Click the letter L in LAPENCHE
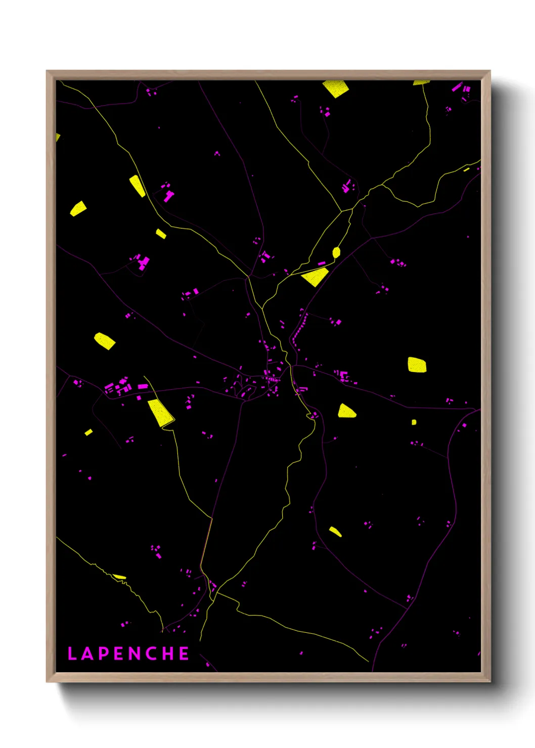tap(71, 653)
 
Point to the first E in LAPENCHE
tap(118, 653)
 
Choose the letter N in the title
tap(135, 653)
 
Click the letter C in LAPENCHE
tap(151, 653)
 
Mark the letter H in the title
tap(168, 653)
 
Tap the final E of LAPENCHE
tap(184, 653)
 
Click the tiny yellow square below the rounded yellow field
tap(414, 422)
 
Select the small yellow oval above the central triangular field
tap(336, 252)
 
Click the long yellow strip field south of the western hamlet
tap(160, 412)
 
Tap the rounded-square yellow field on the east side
tap(417, 365)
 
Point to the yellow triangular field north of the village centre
tap(316, 277)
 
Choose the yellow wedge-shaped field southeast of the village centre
tap(346, 411)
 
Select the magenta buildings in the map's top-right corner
tap(461, 90)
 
